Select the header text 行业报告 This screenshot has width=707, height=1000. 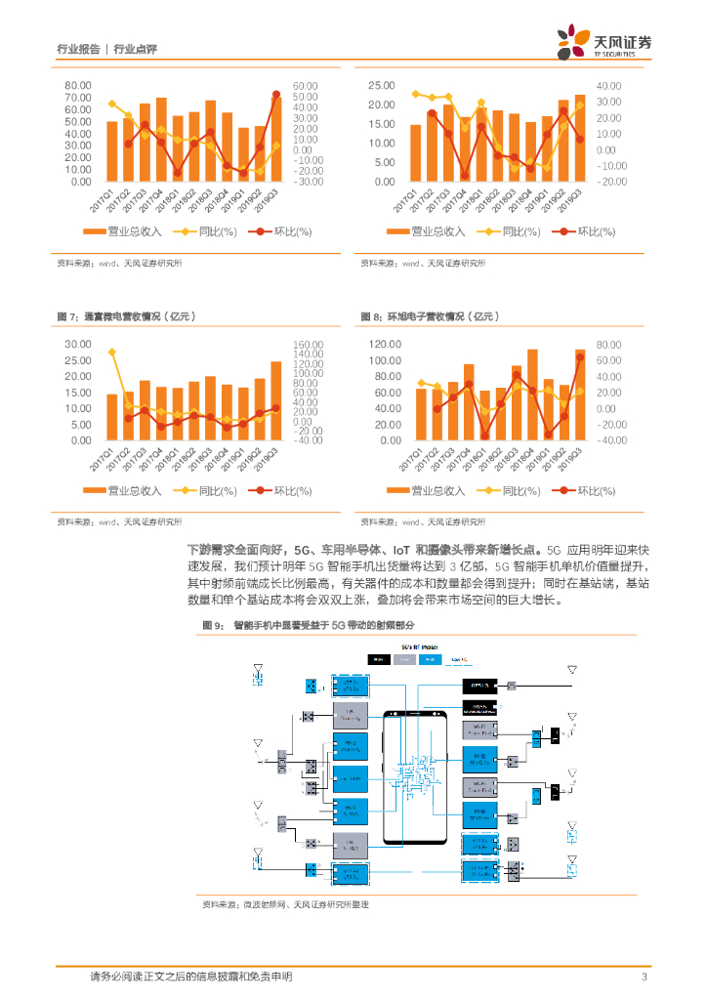pyautogui.click(x=79, y=49)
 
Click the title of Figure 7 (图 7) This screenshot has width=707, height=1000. pyautogui.click(x=127, y=316)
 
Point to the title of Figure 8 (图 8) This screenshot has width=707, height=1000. pyautogui.click(x=430, y=316)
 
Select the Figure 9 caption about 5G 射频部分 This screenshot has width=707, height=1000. pyautogui.click(x=308, y=624)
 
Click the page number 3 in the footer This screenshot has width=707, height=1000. pyautogui.click(x=644, y=977)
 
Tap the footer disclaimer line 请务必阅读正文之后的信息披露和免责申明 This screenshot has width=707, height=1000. pyautogui.click(x=190, y=977)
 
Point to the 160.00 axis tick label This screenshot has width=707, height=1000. pyautogui.click(x=307, y=345)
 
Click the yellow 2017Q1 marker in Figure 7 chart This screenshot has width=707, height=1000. pyautogui.click(x=112, y=352)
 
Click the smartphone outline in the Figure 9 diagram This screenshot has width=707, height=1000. pyautogui.click(x=415, y=776)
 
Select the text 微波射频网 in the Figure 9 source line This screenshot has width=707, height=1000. pyautogui.click(x=265, y=905)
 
